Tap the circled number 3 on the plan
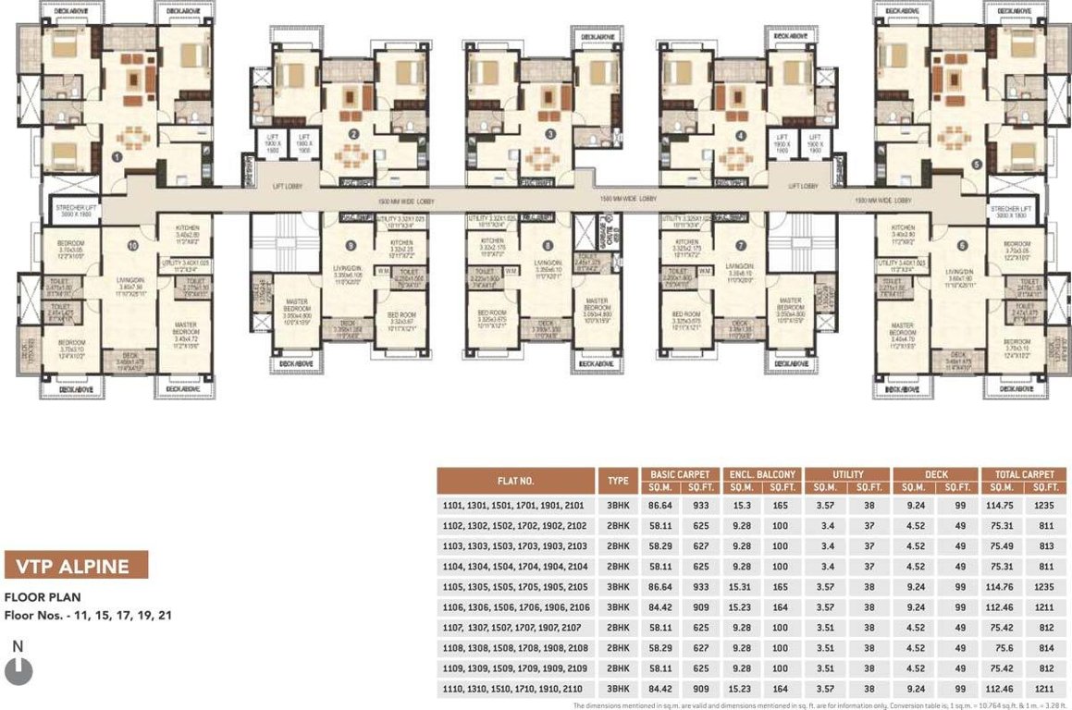551,134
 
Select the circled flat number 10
132,246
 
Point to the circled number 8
548,246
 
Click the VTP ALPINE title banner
76,565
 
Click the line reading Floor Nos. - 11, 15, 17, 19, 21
88,615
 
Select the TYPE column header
618,481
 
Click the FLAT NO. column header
515,481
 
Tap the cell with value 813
1045,547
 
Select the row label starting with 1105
515,588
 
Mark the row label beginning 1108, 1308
515,649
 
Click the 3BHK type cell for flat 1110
618,690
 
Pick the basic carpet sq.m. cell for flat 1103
665,547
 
